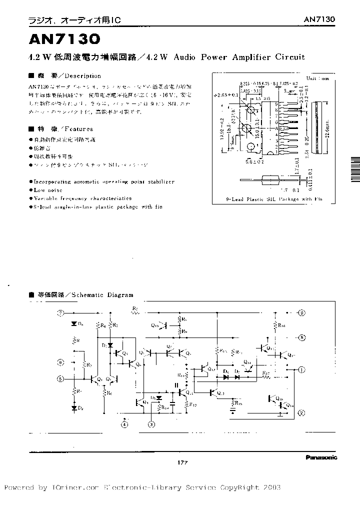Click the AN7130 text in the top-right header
(x=319, y=19)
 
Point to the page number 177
(x=182, y=463)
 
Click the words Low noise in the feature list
(x=48, y=190)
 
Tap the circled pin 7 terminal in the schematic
(x=61, y=314)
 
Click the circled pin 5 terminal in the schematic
(x=60, y=379)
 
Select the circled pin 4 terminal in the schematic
(x=124, y=424)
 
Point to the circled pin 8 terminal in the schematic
(x=301, y=338)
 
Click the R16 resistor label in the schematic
(x=281, y=325)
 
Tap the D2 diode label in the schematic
(x=80, y=409)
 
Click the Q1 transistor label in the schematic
(x=99, y=379)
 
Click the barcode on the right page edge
(x=354, y=171)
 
